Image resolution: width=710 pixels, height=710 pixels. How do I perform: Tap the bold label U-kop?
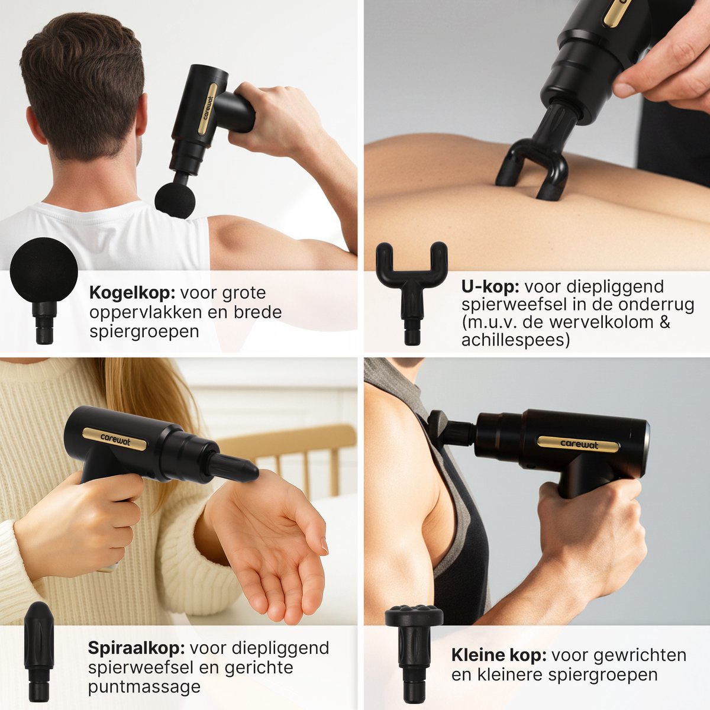pyautogui.click(x=490, y=287)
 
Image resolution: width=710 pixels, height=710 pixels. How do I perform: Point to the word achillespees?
pyautogui.click(x=515, y=341)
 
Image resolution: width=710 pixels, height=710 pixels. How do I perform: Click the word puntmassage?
pyautogui.click(x=144, y=687)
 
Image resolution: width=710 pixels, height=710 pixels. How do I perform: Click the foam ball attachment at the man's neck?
pyautogui.click(x=175, y=200)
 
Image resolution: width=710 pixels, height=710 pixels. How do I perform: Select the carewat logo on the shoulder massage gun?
pyautogui.click(x=578, y=444)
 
